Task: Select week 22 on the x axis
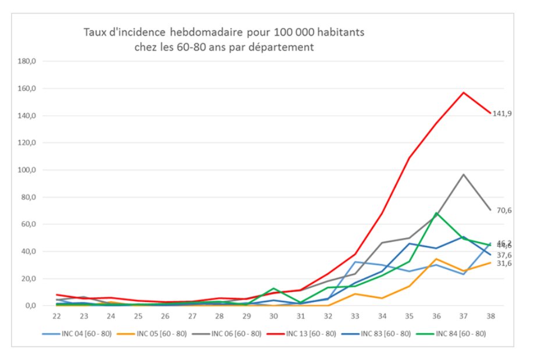click(56, 316)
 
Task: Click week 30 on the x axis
click(273, 316)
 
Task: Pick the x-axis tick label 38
click(490, 316)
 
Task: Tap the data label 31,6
click(504, 263)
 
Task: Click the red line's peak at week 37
click(464, 92)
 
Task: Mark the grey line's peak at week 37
click(464, 174)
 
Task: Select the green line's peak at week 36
click(436, 213)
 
